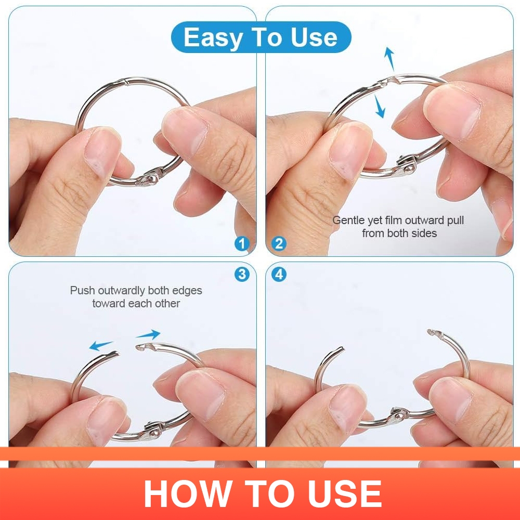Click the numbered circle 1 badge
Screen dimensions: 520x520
point(242,244)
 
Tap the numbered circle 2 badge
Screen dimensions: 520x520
point(279,244)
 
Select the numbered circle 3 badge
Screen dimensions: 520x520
point(242,274)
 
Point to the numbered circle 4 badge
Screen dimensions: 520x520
point(279,274)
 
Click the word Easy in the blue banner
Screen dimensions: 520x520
point(213,38)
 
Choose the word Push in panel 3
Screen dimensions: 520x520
point(82,290)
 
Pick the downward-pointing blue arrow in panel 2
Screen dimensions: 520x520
point(380,106)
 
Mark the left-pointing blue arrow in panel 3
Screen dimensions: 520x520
point(101,346)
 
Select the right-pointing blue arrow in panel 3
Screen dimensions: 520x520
point(148,334)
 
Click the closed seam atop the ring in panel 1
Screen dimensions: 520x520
point(124,81)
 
